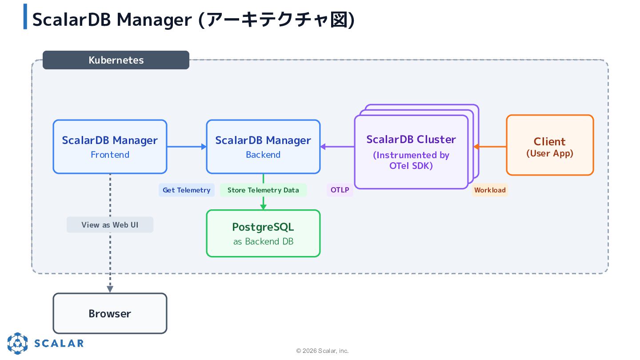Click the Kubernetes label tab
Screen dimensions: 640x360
point(116,60)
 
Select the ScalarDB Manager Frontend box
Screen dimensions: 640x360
point(110,147)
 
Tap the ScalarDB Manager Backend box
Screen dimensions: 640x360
point(263,147)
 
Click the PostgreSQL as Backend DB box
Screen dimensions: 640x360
point(263,233)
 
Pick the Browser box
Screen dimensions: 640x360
point(110,313)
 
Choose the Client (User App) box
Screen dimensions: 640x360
point(550,145)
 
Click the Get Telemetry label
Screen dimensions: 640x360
point(187,190)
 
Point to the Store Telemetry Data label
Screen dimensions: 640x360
point(263,190)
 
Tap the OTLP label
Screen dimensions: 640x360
point(340,190)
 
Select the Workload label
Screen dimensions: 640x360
point(490,190)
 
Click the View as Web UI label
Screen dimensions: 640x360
point(110,225)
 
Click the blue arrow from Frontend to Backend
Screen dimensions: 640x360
point(187,147)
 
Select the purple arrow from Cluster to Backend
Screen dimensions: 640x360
point(337,147)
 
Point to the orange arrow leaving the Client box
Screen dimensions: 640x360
point(490,147)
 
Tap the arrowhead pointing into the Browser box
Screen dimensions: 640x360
point(110,289)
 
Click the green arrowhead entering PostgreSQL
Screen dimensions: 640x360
point(263,207)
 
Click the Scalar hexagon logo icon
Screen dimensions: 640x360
point(17,343)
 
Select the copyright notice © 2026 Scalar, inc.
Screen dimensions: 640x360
point(322,351)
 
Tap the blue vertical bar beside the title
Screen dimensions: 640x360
point(25,16)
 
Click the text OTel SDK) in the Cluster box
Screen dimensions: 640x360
point(411,166)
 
